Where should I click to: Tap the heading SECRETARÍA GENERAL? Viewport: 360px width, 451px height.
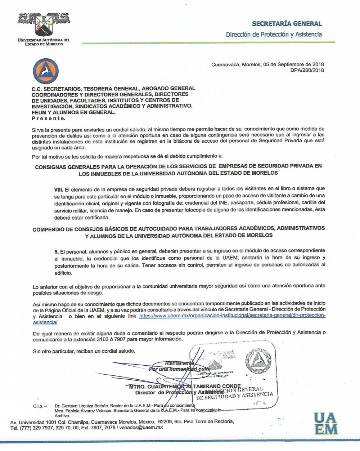pyautogui.click(x=287, y=24)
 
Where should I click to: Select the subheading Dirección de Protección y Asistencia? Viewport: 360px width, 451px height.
pyautogui.click(x=274, y=35)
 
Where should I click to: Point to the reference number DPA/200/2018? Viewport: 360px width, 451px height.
pyautogui.click(x=307, y=70)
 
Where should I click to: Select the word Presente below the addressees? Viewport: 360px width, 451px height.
pyautogui.click(x=49, y=118)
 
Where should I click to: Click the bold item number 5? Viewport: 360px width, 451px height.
pyautogui.click(x=56, y=250)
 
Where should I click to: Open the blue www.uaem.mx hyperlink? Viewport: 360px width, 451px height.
pyautogui.click(x=232, y=316)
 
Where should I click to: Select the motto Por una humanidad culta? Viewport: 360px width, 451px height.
pyautogui.click(x=179, y=369)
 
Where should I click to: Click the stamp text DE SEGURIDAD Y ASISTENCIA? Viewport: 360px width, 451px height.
pyautogui.click(x=234, y=396)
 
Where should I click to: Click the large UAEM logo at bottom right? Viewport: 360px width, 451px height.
pyautogui.click(x=325, y=424)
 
